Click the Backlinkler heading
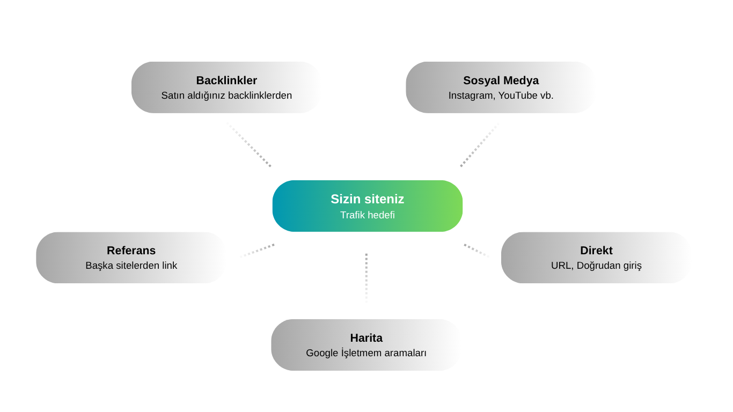tap(226, 80)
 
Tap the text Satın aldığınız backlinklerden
tap(226, 95)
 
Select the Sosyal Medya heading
tap(501, 80)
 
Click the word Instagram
tap(472, 96)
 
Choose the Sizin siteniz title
tap(367, 199)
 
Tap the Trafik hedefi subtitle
tap(367, 215)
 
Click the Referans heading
tap(131, 251)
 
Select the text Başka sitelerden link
tap(131, 266)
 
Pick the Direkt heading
tap(596, 251)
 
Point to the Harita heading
tap(366, 338)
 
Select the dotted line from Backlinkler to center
tap(249, 145)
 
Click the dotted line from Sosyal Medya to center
tap(480, 145)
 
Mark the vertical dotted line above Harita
tap(366, 278)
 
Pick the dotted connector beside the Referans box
tap(257, 251)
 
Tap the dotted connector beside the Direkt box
tap(477, 251)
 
